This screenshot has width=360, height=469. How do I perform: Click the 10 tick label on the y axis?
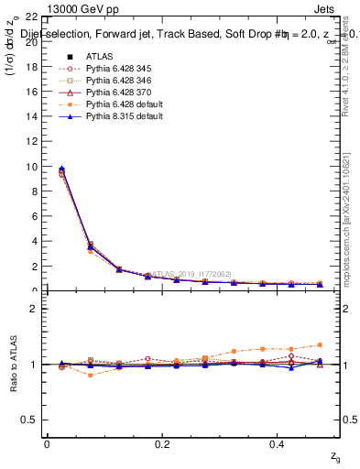31,167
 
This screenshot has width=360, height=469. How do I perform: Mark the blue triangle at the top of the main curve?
61,169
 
